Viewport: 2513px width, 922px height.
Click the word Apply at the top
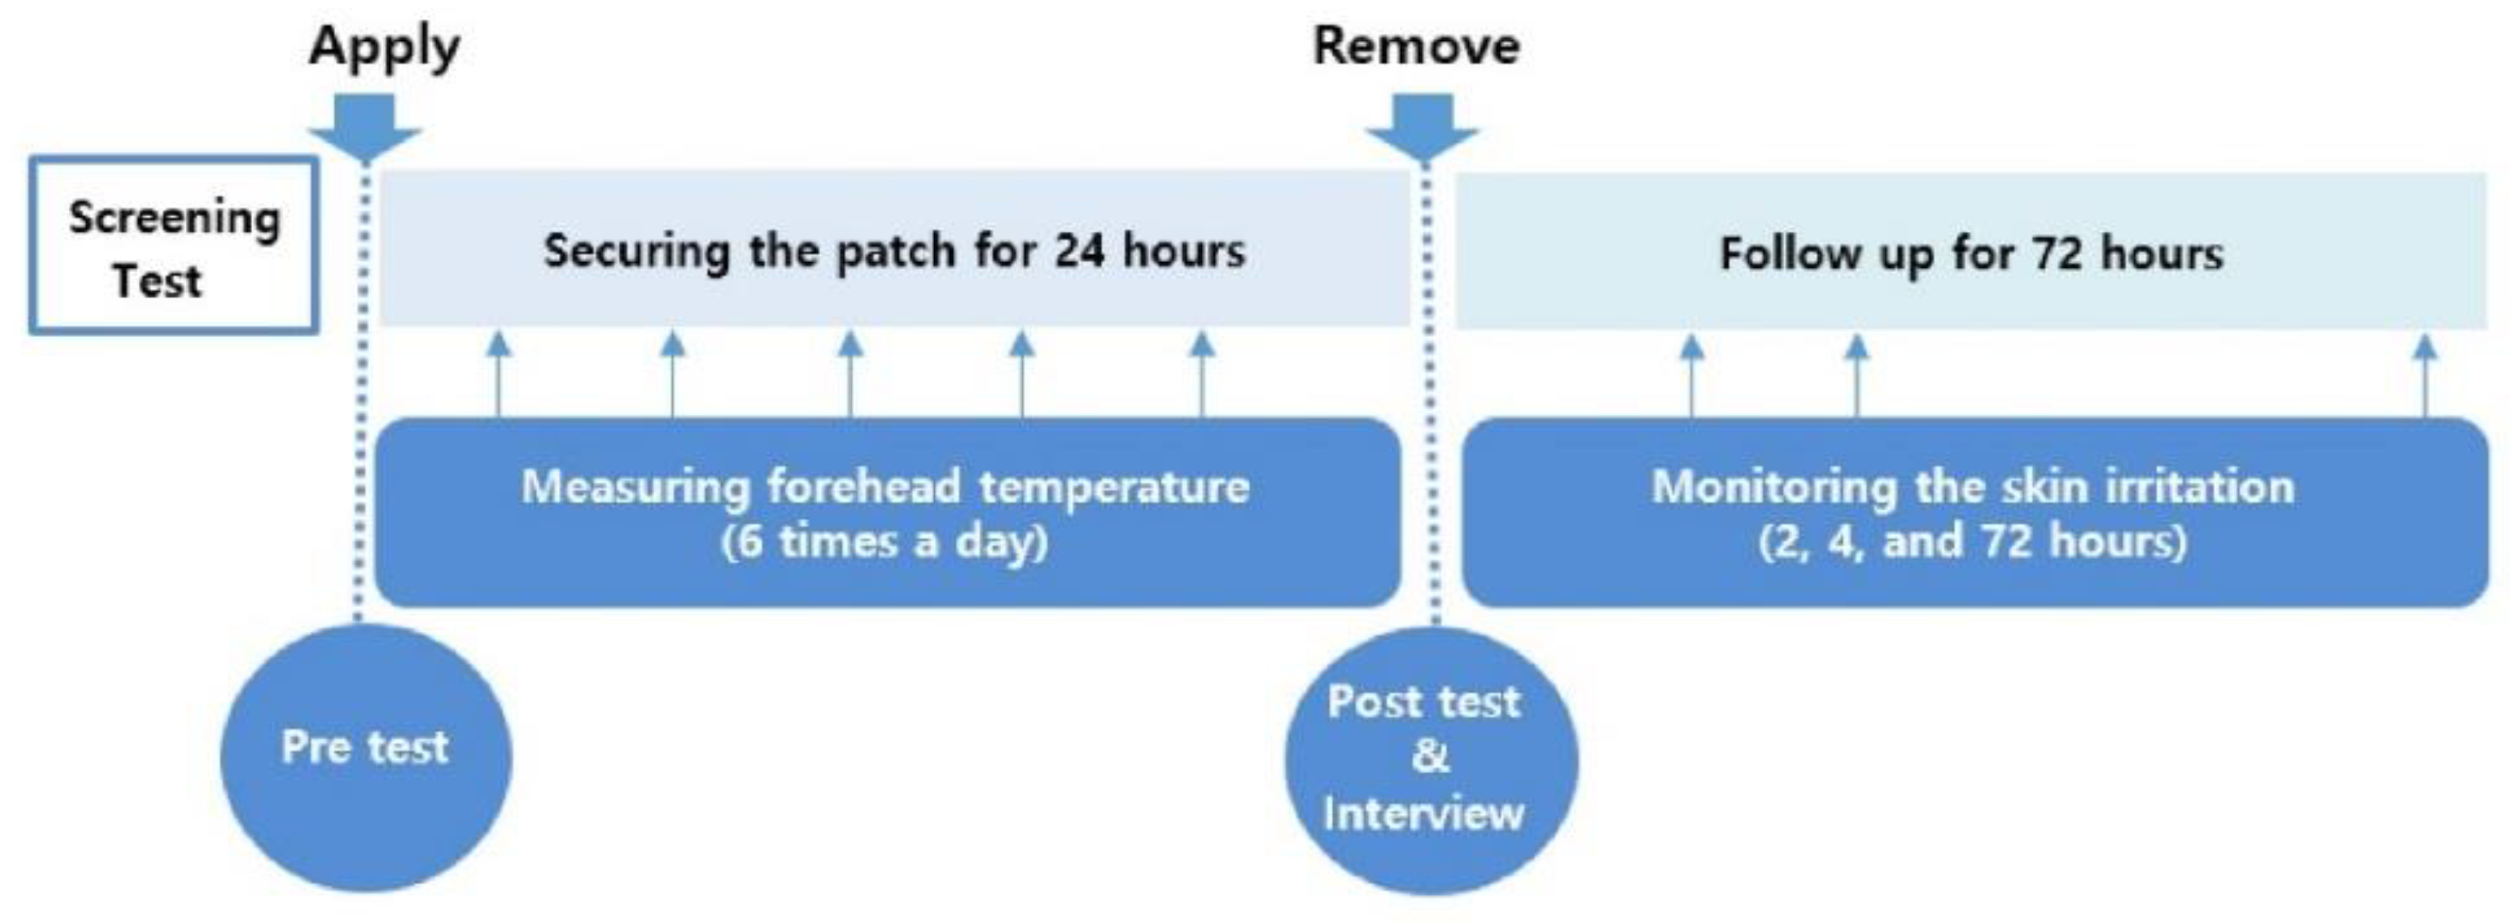(x=384, y=48)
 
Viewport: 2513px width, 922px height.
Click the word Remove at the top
(x=1416, y=46)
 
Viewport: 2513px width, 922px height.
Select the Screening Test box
(x=173, y=246)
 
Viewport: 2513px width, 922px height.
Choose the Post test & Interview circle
(x=1430, y=760)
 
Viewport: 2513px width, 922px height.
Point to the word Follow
(x=1789, y=255)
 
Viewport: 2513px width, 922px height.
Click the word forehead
(x=863, y=486)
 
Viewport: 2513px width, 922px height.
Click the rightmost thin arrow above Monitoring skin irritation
(x=2426, y=376)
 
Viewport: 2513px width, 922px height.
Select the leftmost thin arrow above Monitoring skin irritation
(x=1692, y=376)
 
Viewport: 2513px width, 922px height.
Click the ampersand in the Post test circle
(x=1430, y=756)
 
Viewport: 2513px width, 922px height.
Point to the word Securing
(x=636, y=251)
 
